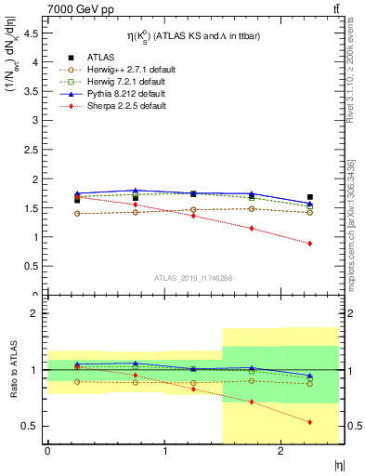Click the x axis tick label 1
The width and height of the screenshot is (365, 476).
(x=165, y=450)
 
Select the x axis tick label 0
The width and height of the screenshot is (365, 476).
(x=47, y=450)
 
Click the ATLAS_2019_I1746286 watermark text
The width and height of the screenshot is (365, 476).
(x=192, y=278)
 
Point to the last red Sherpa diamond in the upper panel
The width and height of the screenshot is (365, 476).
(x=309, y=244)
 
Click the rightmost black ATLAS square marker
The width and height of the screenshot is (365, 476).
(x=309, y=197)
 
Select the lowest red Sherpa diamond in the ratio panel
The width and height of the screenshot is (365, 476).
(x=309, y=422)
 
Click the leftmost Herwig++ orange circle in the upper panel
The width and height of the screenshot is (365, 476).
(x=77, y=214)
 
